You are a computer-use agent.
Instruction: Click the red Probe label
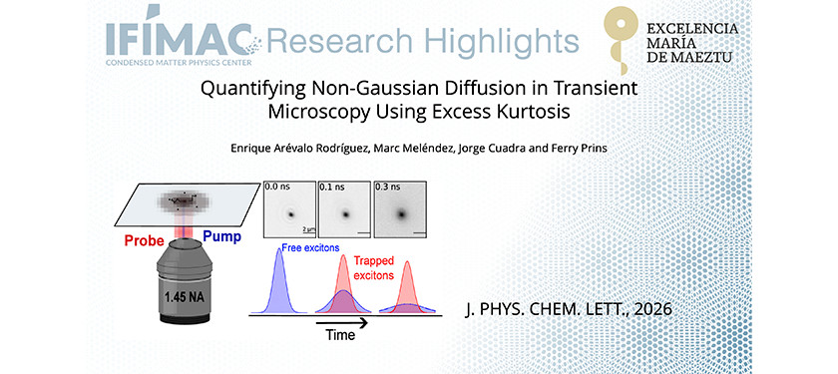(144, 240)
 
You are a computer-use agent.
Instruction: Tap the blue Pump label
(222, 236)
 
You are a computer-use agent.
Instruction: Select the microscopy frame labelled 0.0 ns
(289, 210)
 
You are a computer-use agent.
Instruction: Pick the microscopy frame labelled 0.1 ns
(345, 210)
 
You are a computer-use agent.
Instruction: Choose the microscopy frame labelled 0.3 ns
(400, 210)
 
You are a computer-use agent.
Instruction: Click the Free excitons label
(312, 247)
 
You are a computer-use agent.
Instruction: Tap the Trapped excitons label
(373, 268)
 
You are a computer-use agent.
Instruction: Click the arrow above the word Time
(341, 323)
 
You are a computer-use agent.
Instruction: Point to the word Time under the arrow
(340, 335)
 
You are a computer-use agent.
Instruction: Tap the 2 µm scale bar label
(308, 229)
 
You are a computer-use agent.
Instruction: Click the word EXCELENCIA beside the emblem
(692, 27)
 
